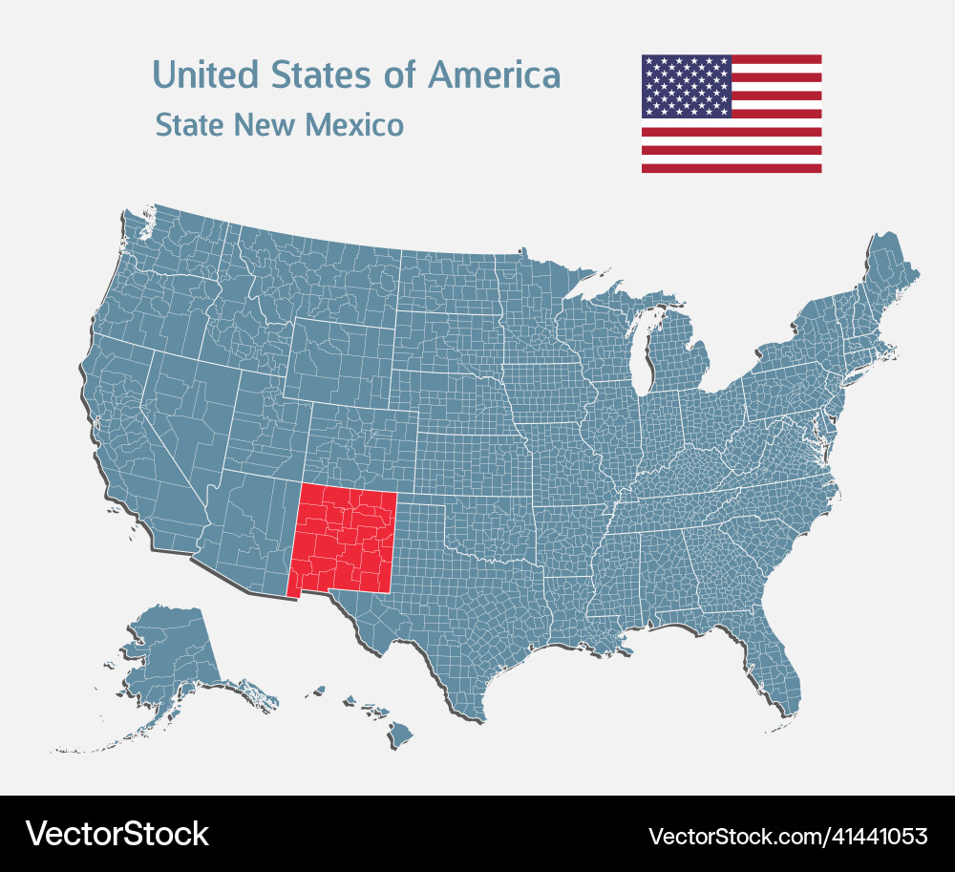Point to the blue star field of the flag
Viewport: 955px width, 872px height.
[x=686, y=85]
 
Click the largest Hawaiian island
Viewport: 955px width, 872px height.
[x=400, y=734]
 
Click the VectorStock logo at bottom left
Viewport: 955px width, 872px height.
[x=117, y=834]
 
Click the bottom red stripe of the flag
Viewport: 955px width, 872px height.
[x=731, y=168]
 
